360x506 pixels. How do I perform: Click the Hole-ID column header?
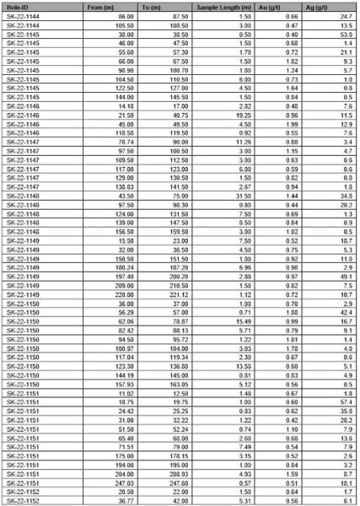(17, 6)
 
